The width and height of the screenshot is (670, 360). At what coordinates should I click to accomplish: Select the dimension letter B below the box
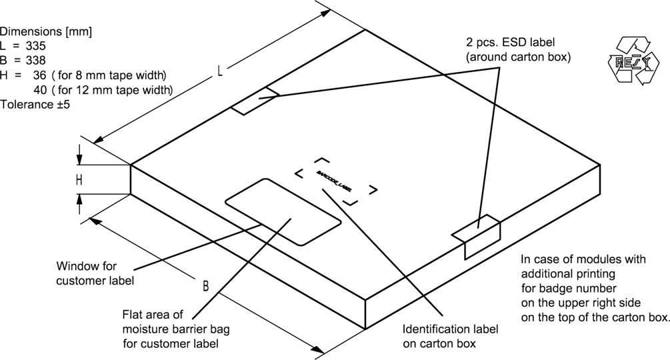tap(207, 287)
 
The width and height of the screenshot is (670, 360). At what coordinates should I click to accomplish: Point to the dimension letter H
tap(79, 180)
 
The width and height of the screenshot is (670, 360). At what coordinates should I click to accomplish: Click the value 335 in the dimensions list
tap(35, 47)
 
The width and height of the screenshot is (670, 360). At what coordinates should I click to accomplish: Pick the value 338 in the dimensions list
tap(35, 61)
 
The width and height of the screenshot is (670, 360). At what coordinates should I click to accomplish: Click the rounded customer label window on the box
tap(283, 210)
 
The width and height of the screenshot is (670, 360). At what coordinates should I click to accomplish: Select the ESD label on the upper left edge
tap(255, 100)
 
